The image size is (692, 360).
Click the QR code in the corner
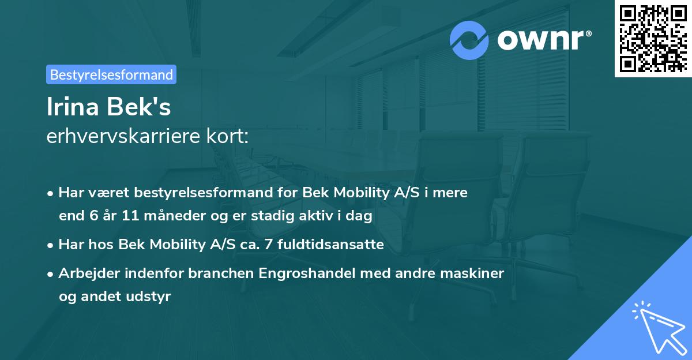(653, 38)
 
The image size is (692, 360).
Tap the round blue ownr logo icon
(470, 40)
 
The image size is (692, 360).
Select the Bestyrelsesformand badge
(111, 74)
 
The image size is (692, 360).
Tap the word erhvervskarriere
(123, 137)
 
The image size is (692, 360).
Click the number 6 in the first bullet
(87, 216)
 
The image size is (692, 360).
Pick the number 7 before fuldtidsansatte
(268, 245)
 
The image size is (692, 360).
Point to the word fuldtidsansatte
(330, 245)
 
